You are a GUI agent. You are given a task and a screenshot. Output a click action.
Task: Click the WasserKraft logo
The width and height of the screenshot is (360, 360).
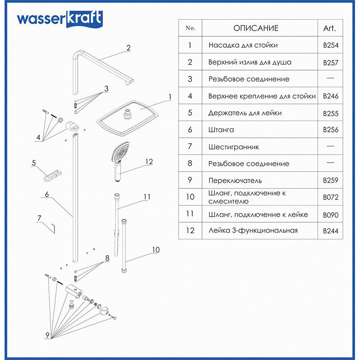pos(60,19)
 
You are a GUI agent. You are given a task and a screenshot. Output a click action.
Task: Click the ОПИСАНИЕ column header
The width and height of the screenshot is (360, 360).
pos(256,28)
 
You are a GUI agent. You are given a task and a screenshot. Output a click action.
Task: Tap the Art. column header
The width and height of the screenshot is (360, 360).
pos(329,28)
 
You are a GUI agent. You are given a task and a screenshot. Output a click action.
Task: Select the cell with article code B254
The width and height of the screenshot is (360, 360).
pos(331,45)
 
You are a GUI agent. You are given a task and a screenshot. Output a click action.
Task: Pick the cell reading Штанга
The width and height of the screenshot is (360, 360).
pos(221,130)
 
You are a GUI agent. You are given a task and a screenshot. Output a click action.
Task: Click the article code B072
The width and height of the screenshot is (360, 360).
pos(331,197)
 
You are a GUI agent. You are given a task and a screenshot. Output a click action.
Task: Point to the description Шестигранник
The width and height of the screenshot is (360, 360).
pos(234,147)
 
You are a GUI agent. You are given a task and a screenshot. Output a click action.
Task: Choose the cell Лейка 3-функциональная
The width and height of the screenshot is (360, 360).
pos(253,230)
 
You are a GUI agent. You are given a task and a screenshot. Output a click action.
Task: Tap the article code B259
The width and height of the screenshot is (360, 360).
pos(331,180)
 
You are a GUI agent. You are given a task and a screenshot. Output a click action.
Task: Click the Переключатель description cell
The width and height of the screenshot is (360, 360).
pos(235,181)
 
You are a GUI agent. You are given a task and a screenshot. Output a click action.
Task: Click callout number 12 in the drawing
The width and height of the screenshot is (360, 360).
pos(149,162)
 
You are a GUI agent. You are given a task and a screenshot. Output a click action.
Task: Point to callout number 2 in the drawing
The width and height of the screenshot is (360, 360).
pos(128,48)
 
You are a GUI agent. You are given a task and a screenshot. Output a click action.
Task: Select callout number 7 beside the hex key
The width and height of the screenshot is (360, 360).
pos(39,218)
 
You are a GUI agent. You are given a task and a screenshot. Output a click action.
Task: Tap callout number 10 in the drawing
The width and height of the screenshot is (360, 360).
pos(156,250)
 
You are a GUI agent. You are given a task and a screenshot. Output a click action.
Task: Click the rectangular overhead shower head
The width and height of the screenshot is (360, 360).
pos(128,117)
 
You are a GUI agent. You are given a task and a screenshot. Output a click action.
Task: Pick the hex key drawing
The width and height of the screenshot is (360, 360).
pos(52,228)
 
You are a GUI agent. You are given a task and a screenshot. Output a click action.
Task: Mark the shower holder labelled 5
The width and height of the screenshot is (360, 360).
pos(51,176)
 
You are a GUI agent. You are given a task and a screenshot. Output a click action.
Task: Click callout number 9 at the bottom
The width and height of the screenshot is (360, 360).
pos(47,335)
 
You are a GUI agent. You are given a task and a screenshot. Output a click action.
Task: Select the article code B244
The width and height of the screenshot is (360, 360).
pos(331,231)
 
